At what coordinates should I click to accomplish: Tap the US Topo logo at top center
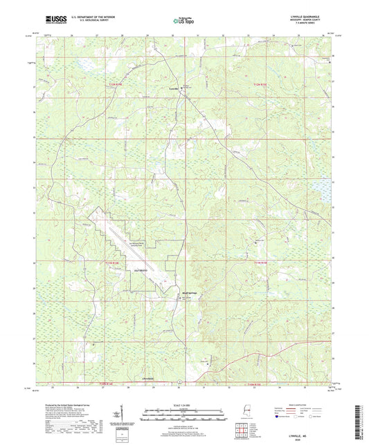pyautogui.click(x=183, y=21)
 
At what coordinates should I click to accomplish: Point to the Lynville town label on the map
pyautogui.click(x=174, y=88)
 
